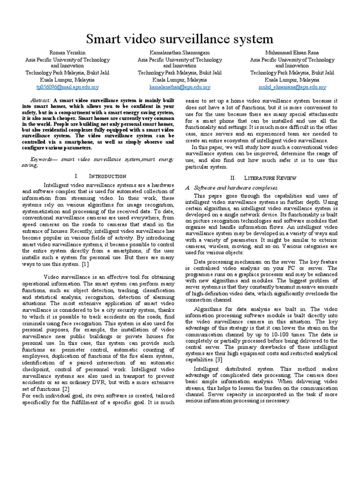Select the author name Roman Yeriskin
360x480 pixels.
click(x=67, y=53)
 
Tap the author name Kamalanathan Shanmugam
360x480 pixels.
click(x=180, y=53)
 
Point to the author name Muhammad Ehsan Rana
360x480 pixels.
click(x=292, y=53)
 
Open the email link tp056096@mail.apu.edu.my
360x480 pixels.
click(x=67, y=87)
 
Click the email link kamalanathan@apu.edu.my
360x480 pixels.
click(x=180, y=87)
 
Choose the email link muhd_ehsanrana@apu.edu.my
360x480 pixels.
click(x=292, y=87)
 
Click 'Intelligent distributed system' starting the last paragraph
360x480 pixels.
click(x=225, y=368)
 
